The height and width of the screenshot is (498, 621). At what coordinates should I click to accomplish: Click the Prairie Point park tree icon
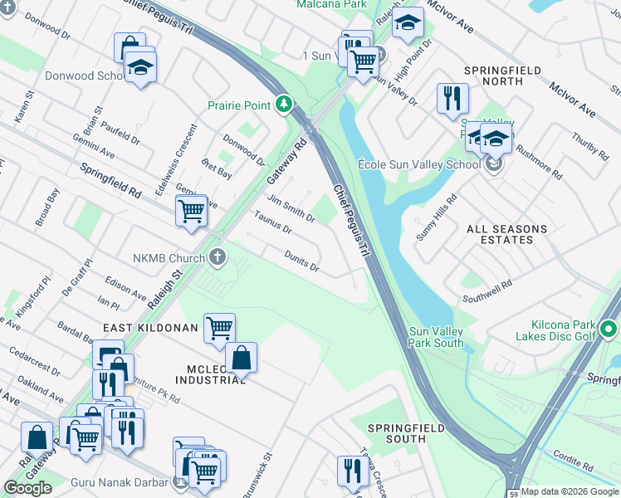coord(284,105)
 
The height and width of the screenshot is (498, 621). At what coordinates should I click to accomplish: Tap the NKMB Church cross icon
coord(218,257)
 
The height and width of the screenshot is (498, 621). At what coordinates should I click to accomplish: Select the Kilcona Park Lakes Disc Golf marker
coord(608,330)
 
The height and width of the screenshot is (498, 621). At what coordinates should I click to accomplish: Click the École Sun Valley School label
coord(418,164)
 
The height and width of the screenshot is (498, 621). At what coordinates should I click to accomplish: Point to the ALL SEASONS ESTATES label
coord(506,234)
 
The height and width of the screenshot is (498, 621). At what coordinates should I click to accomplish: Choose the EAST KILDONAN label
coord(150,329)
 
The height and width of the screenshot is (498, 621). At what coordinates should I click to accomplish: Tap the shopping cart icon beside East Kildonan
coord(219,327)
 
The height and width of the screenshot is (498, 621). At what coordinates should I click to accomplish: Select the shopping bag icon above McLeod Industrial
coord(241,358)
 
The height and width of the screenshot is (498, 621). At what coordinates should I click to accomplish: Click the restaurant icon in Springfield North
coord(452,97)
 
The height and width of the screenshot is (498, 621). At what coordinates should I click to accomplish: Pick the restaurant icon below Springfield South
coord(353,471)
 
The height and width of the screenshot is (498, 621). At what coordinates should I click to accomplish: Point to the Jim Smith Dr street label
coord(291,207)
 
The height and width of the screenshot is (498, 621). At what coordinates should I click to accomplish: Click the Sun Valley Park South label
coord(436,337)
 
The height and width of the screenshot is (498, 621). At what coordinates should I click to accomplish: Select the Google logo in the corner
coord(27,488)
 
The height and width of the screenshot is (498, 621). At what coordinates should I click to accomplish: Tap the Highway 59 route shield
coord(514,494)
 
